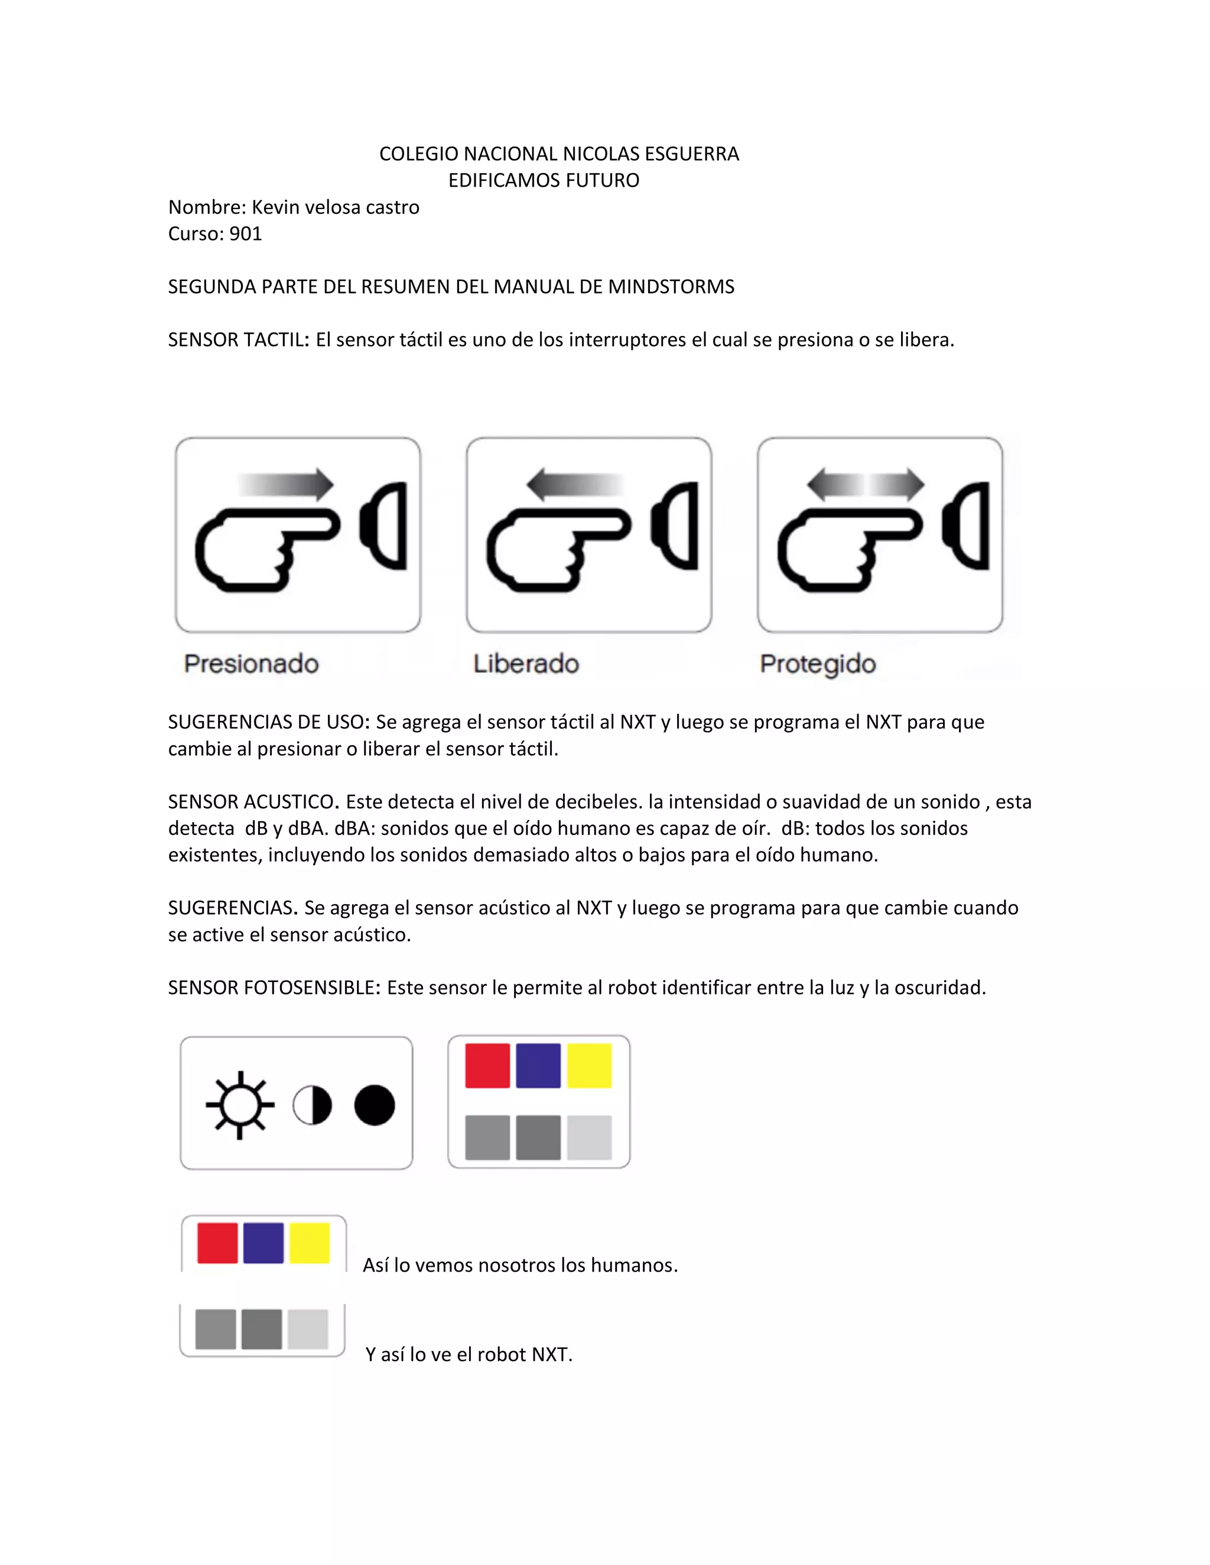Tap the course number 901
coord(246,234)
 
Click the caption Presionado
coord(251,664)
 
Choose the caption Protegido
coord(817,664)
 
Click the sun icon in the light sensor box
coord(240,1105)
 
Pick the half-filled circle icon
coord(313,1105)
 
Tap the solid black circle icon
coord(374,1105)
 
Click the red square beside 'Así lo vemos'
coord(217,1243)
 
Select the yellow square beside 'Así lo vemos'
coord(310,1243)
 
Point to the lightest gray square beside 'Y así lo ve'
coord(308,1329)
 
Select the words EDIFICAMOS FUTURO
coord(544,181)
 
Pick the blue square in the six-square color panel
coord(538,1065)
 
